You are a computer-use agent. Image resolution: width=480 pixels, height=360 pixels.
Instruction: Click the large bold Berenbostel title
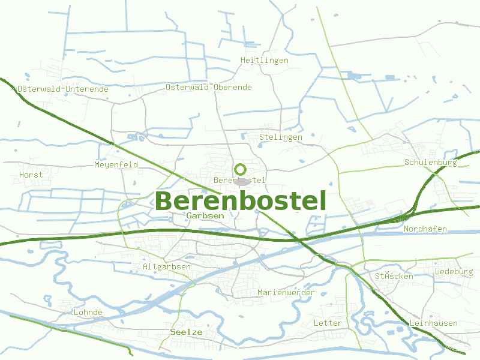pos(241,200)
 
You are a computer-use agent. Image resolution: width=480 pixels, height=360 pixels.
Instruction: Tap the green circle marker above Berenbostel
pos(241,169)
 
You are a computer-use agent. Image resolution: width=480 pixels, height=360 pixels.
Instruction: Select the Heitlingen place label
pos(264,61)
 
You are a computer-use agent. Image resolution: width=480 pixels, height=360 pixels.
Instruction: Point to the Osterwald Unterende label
pos(63,89)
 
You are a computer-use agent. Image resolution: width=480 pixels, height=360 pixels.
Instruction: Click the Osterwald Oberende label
pos(209,87)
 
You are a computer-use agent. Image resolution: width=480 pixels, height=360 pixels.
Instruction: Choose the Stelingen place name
pos(281,137)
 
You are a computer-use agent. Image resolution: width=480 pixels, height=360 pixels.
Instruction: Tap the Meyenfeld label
pos(116,164)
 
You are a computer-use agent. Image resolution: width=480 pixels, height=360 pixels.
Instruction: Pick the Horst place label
pos(31,175)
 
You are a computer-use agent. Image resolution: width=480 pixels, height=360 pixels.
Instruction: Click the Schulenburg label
pos(431,163)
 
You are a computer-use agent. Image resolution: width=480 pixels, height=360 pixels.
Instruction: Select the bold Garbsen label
pos(205,215)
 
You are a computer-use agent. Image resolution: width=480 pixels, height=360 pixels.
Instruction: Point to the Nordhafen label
pos(425,229)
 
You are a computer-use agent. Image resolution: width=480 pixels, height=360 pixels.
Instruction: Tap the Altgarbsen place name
pos(167,266)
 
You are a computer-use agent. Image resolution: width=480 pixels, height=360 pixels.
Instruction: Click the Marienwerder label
pos(286,292)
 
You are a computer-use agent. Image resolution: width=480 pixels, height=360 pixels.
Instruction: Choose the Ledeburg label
pos(454,272)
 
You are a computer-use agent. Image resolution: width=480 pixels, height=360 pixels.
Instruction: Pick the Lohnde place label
pos(88,313)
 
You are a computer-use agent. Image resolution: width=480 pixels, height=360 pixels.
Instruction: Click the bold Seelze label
pos(186,332)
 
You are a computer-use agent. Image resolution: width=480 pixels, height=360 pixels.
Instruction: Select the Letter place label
pos(328,323)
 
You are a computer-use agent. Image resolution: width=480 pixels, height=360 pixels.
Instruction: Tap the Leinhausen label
pos(433,323)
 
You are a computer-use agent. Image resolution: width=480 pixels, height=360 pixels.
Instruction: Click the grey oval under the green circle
pos(242,181)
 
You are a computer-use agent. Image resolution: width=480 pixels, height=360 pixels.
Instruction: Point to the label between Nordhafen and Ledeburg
pos(394,277)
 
